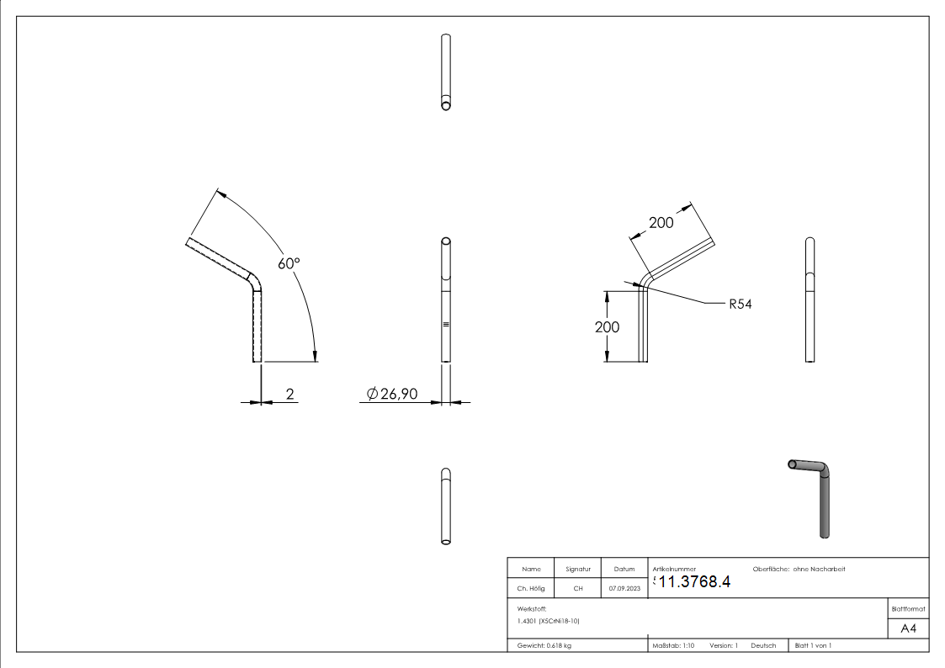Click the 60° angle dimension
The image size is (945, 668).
(x=289, y=263)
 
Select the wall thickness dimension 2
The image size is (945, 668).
(x=289, y=394)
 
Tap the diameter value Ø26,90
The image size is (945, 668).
(x=393, y=394)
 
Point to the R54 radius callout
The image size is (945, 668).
(x=741, y=304)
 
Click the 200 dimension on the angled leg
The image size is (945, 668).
(x=661, y=222)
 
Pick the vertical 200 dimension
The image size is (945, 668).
(x=607, y=326)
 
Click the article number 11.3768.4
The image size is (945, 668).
(x=693, y=582)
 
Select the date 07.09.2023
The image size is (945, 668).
(x=624, y=588)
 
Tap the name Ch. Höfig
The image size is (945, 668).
(x=531, y=588)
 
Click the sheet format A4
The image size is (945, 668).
(x=909, y=628)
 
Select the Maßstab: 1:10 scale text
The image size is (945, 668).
(x=673, y=645)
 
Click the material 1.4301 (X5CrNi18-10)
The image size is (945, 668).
(x=549, y=621)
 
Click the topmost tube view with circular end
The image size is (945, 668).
(x=446, y=72)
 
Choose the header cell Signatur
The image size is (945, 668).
(x=578, y=570)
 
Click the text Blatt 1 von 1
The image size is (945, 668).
(x=813, y=645)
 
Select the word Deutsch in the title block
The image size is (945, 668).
(x=763, y=645)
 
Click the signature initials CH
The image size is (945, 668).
(x=578, y=588)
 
